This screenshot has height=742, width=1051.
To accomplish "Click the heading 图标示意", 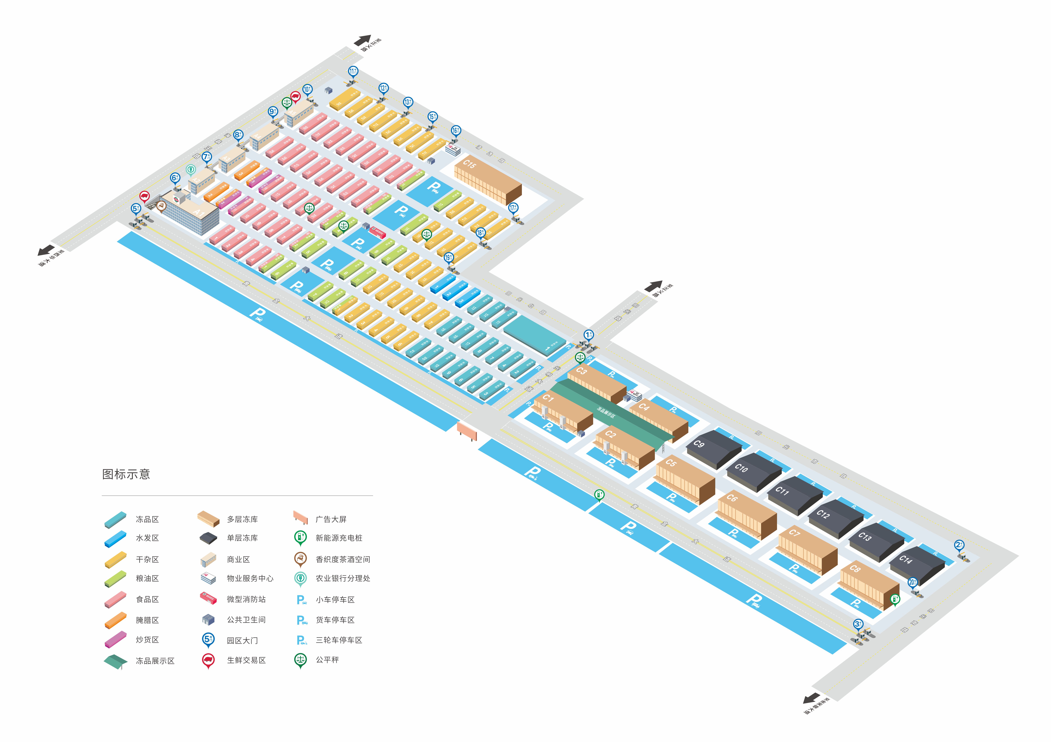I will (126, 474).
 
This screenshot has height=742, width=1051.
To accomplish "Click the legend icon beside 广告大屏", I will (300, 518).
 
